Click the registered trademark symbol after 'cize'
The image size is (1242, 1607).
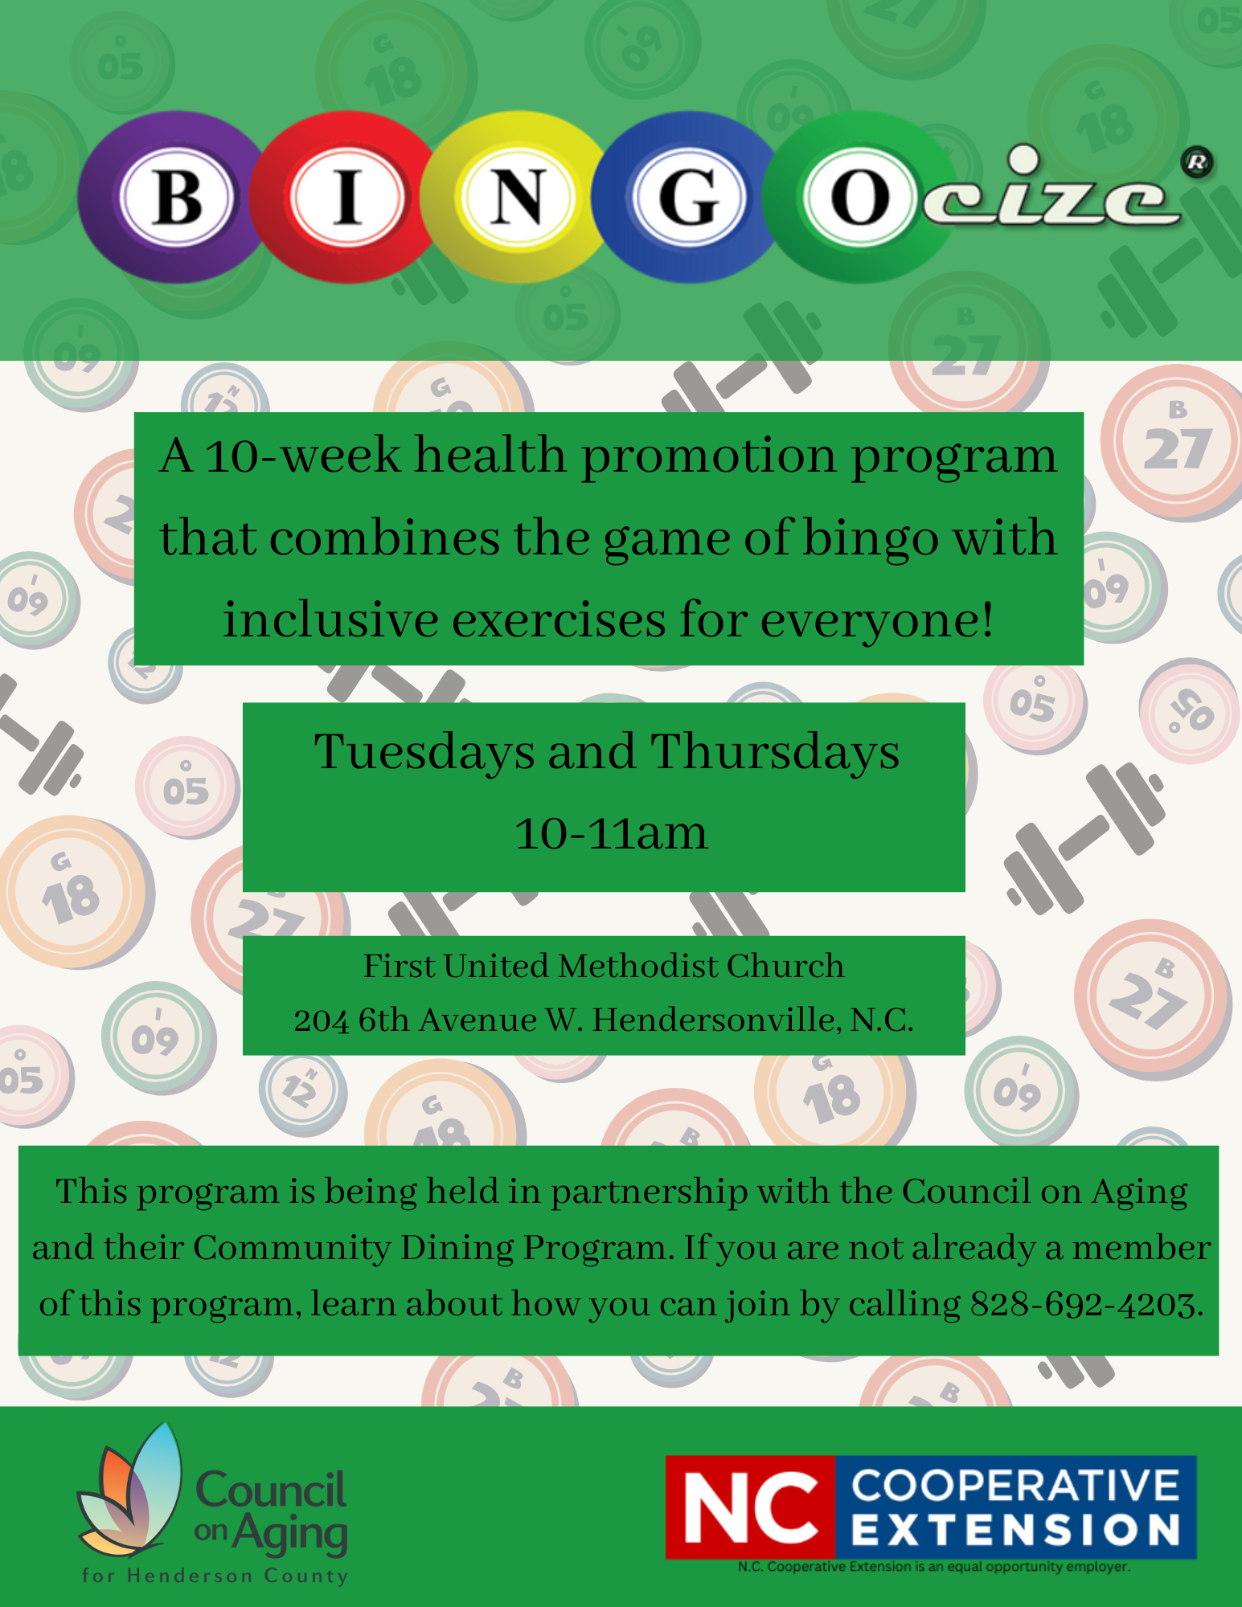(1196, 163)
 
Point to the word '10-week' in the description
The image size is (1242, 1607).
(304, 456)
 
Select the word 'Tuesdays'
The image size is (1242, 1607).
(424, 753)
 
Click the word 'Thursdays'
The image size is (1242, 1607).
(775, 753)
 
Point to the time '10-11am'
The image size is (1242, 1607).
(611, 833)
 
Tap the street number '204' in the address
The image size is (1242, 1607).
(322, 1021)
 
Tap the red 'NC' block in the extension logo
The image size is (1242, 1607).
(751, 1507)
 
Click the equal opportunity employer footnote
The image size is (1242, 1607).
(934, 1567)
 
